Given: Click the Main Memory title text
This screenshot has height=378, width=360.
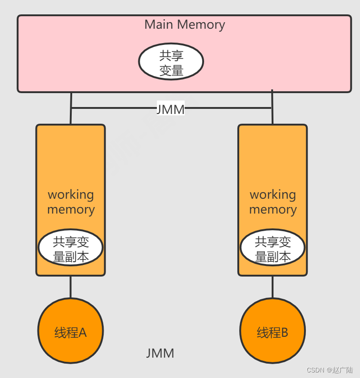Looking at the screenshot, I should [185, 25].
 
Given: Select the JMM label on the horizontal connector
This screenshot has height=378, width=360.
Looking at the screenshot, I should [170, 109].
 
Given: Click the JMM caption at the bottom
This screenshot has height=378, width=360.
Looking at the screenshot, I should [160, 353].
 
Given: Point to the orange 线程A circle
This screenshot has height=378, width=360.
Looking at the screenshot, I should [70, 331].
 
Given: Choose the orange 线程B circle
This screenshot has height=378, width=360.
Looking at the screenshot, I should [272, 331].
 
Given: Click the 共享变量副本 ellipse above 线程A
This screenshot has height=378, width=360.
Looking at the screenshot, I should [70, 248].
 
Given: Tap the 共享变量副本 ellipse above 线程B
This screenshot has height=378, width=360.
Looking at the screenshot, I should [273, 248].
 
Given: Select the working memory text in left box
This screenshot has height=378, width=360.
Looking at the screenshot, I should [71, 202].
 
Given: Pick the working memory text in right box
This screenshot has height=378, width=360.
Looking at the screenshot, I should [273, 202].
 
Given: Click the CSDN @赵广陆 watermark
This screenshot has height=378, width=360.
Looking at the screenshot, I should [329, 370].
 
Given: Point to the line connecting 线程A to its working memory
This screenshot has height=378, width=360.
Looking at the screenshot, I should [70, 287].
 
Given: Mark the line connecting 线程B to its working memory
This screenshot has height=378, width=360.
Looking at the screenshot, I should [272, 287].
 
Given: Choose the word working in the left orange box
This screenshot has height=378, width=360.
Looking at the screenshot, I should [71, 195].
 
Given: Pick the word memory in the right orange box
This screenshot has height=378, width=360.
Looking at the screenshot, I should [273, 209].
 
